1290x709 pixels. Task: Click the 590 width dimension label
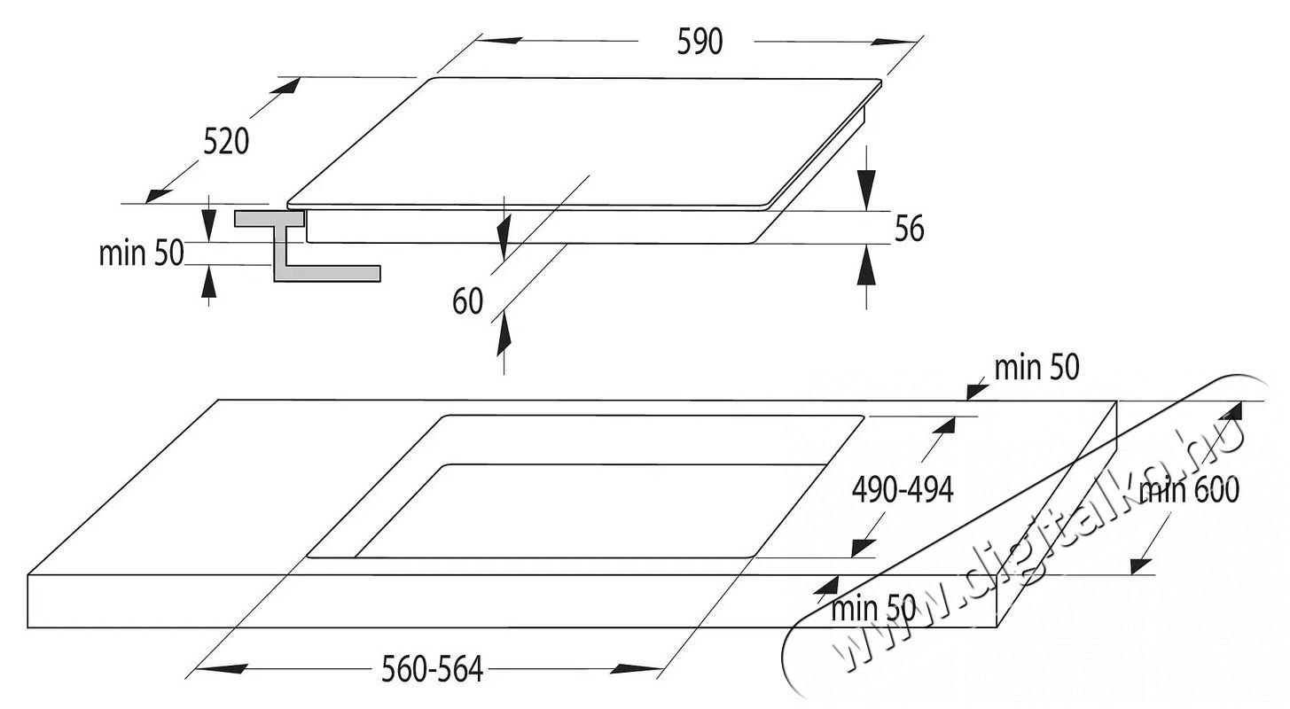(x=700, y=42)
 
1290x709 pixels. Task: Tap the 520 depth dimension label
(x=226, y=142)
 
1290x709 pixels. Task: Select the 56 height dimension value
(x=909, y=228)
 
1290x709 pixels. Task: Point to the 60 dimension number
(x=467, y=301)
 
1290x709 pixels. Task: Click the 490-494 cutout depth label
(x=902, y=488)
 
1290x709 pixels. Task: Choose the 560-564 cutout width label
(x=433, y=669)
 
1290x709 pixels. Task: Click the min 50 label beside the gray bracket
(x=141, y=253)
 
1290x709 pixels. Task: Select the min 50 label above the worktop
(x=1036, y=368)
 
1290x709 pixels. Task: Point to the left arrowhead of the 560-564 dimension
(x=221, y=669)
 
